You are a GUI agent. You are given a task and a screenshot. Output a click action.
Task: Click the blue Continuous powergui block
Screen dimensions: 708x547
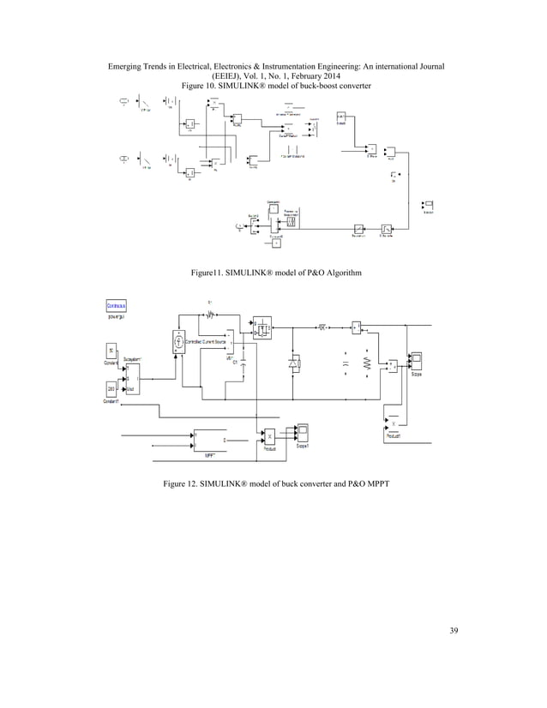[117, 305]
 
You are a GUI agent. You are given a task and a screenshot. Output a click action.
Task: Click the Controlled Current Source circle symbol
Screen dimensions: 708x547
[180, 341]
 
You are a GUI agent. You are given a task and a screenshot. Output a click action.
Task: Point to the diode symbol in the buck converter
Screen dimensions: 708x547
[294, 363]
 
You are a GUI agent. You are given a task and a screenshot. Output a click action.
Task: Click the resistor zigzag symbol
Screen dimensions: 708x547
[366, 363]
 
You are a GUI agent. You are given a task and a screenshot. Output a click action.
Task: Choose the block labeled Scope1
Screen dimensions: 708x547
[302, 432]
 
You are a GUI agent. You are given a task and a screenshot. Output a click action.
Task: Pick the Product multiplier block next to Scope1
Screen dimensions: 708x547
[269, 435]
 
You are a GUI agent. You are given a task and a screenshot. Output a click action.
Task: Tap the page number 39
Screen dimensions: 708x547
[454, 632]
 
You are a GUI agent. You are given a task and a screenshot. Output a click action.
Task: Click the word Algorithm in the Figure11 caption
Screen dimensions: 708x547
[341, 273]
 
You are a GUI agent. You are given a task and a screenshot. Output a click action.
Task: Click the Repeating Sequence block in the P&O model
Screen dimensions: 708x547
[291, 221]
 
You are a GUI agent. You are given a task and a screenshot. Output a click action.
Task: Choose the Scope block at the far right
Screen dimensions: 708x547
[417, 360]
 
